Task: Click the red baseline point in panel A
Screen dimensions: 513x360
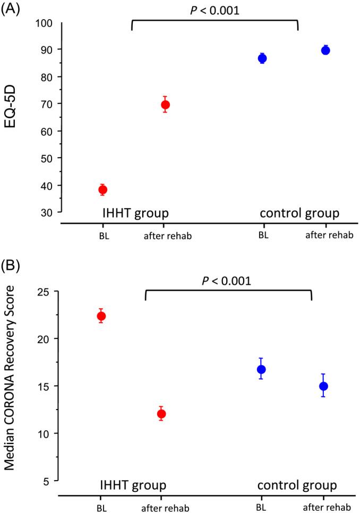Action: tap(103, 189)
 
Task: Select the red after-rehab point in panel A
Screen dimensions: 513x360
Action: tap(165, 105)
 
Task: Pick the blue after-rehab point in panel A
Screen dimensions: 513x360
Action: tap(325, 50)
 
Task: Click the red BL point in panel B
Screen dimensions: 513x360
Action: tap(101, 316)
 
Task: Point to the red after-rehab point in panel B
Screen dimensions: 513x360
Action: tap(161, 414)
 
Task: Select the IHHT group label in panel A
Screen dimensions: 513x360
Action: tap(135, 214)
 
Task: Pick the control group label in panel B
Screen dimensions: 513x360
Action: tap(297, 485)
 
